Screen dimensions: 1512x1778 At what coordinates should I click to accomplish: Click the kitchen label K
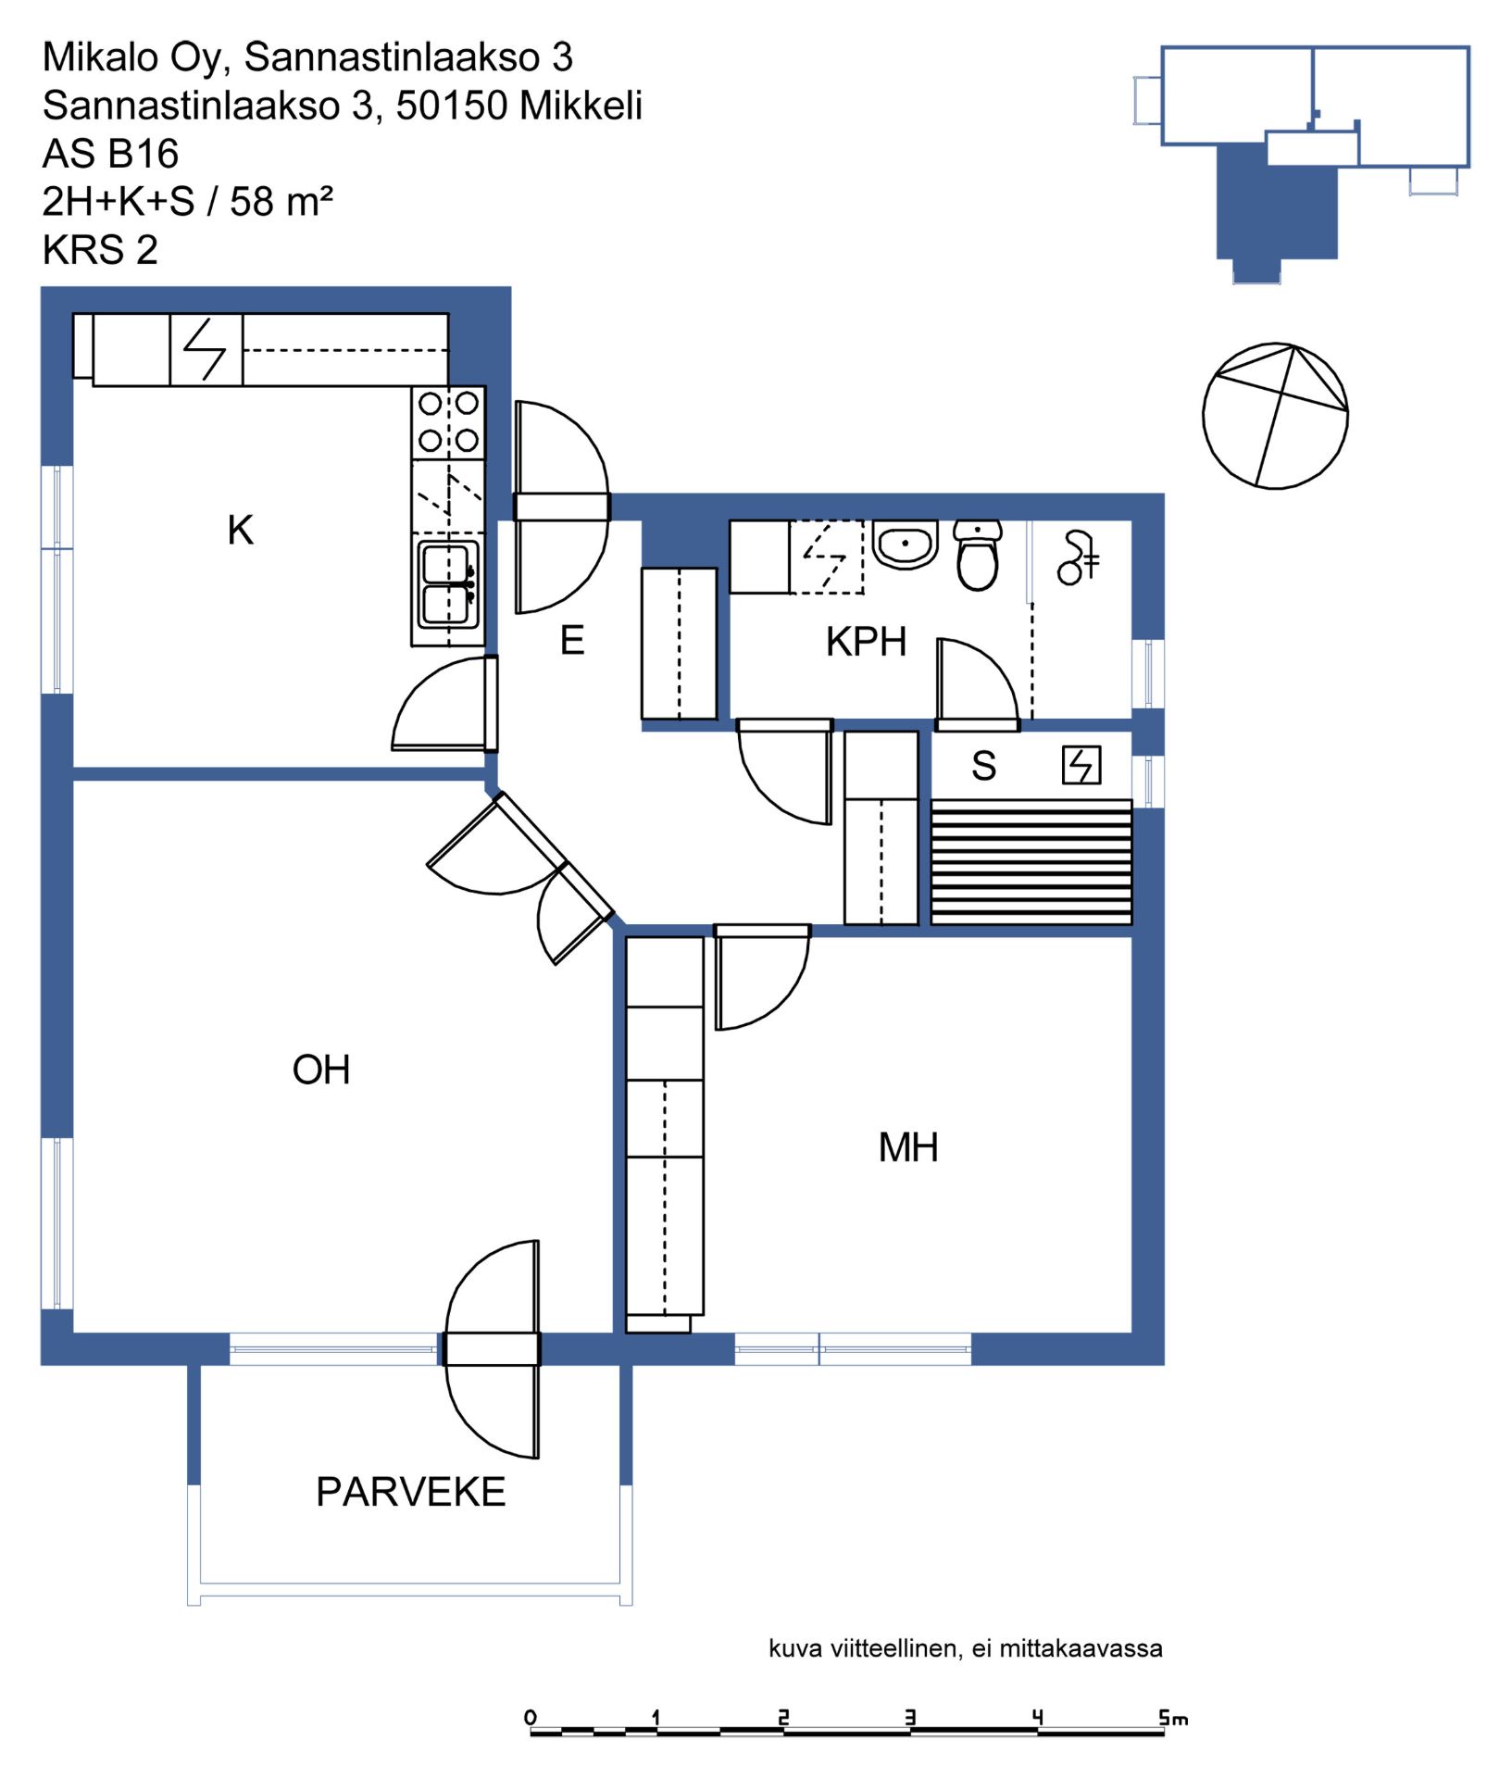[241, 531]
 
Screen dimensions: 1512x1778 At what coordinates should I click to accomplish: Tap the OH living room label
[321, 1071]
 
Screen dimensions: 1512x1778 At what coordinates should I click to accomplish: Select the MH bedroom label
[908, 1148]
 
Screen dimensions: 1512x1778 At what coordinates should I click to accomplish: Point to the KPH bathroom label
[866, 642]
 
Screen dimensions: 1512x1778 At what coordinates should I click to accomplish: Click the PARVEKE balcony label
[411, 1493]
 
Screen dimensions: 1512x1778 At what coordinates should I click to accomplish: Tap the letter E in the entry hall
[572, 641]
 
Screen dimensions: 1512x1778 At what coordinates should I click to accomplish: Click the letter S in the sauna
[983, 767]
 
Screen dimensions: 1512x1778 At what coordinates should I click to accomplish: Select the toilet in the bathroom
[978, 556]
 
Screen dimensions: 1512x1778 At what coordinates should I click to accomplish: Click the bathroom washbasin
[906, 545]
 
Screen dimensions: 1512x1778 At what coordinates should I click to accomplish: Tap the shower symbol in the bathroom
[1079, 557]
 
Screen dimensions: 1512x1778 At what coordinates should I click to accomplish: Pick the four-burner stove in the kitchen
[448, 421]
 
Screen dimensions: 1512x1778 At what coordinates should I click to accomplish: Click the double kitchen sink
[448, 583]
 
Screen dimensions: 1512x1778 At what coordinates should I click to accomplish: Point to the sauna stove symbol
[1081, 766]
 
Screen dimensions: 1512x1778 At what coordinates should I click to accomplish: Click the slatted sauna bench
[1031, 862]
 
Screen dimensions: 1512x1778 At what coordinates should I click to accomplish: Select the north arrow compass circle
[1275, 416]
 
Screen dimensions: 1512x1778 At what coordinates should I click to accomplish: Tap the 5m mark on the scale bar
[1173, 1719]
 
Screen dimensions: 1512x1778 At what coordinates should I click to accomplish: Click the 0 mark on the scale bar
[531, 1718]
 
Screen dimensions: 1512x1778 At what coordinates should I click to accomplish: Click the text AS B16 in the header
[110, 154]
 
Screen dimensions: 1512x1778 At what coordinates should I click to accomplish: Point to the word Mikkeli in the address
[581, 106]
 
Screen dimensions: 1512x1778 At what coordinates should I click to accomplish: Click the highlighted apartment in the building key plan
[1277, 207]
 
